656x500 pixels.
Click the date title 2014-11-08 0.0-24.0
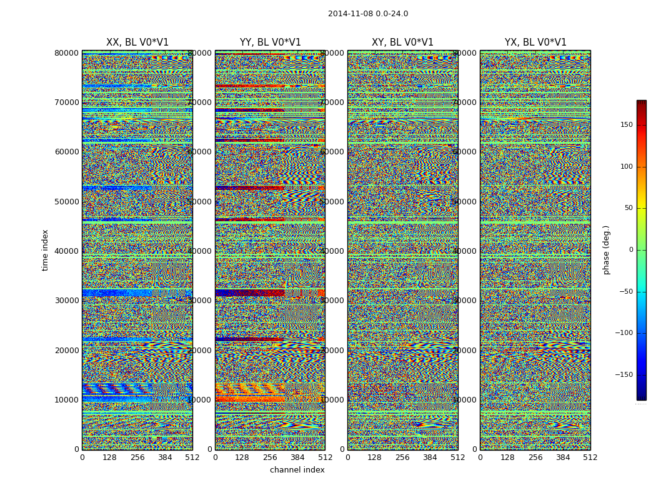coord(368,14)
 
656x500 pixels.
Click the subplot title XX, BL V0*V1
coord(137,42)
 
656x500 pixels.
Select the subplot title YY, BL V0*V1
coord(270,42)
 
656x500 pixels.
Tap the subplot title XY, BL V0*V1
coord(402,42)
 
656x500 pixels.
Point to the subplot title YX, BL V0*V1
coord(535,42)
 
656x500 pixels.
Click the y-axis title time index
coord(45,250)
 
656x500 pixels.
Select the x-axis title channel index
coord(297,470)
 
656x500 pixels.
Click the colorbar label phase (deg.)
coord(606,250)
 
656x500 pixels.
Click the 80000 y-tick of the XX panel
coord(67,53)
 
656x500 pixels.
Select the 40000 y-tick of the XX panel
coord(67,251)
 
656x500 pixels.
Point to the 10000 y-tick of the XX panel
coord(67,400)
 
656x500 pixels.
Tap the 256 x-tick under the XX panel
coord(137,457)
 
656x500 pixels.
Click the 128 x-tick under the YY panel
coord(242,457)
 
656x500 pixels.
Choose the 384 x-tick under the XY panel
coord(430,457)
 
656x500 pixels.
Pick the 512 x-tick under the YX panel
coord(590,457)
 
